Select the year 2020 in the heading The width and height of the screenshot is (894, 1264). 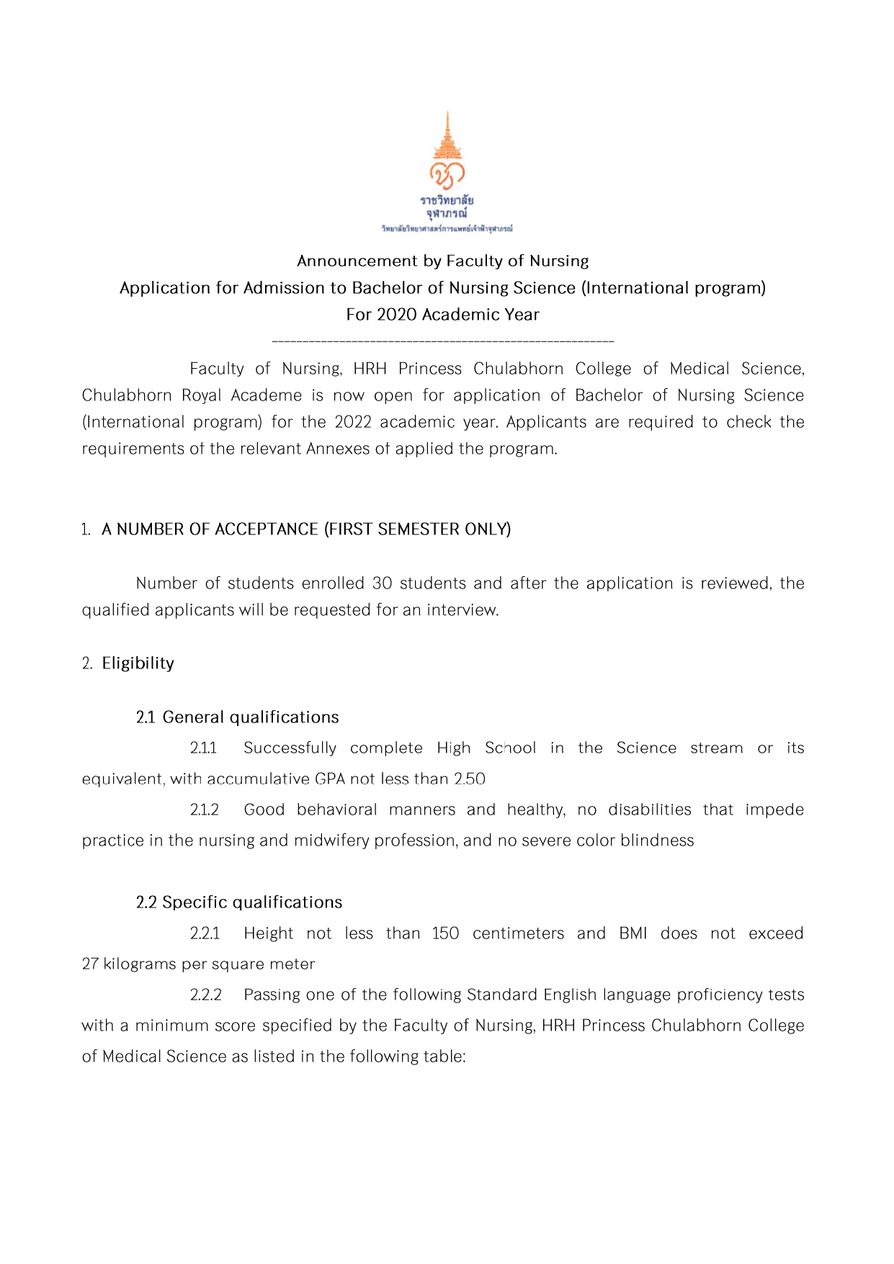397,315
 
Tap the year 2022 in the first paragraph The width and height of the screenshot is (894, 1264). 353,422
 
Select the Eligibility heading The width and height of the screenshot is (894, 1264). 138,663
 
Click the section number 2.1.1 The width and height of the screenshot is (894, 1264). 203,748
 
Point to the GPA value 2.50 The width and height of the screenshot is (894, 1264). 470,779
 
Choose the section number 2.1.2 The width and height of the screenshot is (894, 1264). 204,810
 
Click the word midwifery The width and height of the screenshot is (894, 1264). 330,841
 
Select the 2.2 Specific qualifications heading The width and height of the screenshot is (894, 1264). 238,902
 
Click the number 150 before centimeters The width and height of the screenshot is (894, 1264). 445,933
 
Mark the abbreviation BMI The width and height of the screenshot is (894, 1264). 632,933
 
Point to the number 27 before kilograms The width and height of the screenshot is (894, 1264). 90,964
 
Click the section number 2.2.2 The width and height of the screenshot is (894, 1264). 205,995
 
